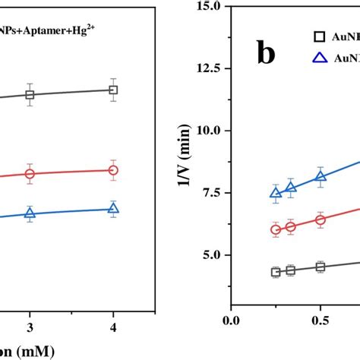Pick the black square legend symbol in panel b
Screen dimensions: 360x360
tap(320, 36)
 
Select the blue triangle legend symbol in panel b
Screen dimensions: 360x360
tap(320, 57)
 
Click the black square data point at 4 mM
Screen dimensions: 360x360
tap(113, 90)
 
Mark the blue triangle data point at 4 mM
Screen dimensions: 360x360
tap(113, 209)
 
